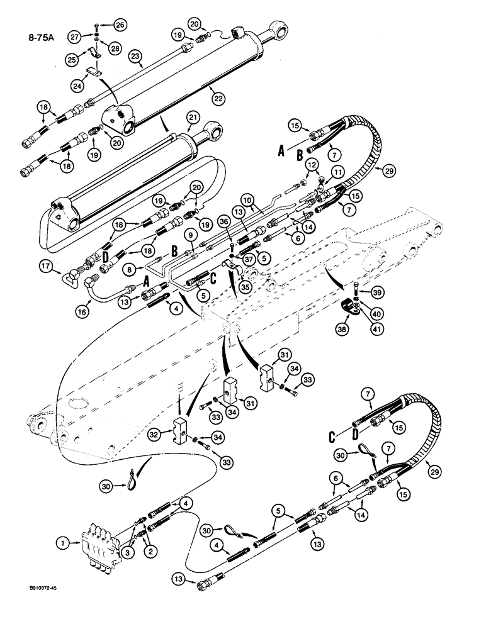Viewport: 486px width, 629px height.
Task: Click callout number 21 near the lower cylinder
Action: (193, 119)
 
